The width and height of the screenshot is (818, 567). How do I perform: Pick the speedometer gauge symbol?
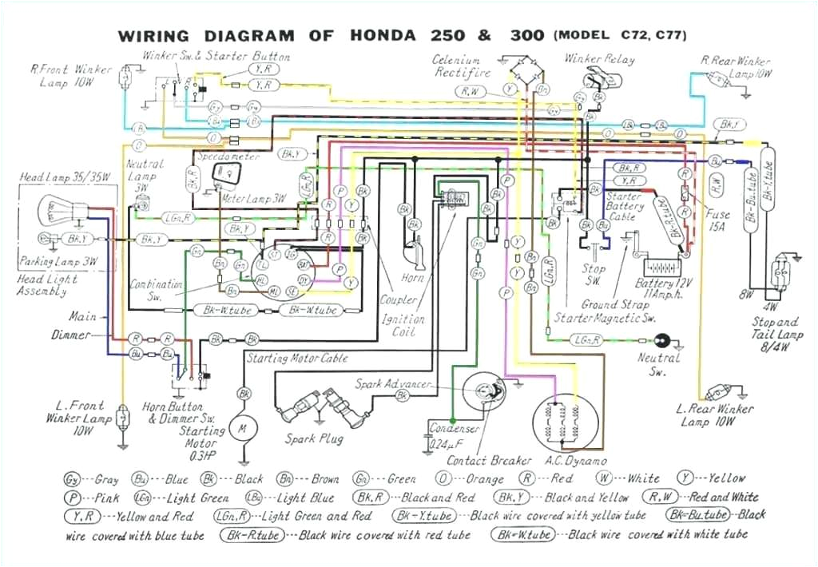click(x=225, y=169)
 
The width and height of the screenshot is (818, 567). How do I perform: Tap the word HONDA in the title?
click(x=382, y=36)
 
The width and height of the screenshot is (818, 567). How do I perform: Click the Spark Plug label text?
click(x=314, y=439)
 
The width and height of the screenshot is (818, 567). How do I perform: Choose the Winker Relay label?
click(x=599, y=59)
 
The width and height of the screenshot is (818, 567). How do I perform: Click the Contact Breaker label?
click(x=489, y=460)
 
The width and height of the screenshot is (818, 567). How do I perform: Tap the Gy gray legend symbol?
click(x=72, y=480)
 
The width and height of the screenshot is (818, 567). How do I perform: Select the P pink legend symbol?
click(x=73, y=498)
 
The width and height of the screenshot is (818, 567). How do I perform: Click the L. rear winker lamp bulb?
click(x=719, y=391)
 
